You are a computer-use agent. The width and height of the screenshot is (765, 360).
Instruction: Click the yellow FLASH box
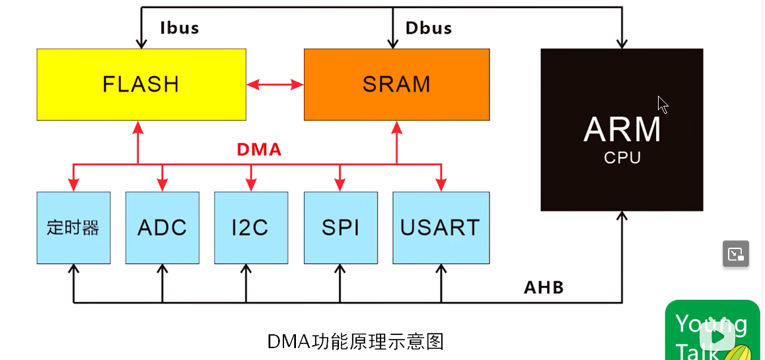pyautogui.click(x=141, y=84)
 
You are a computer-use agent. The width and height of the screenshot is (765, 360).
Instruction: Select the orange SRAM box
pyautogui.click(x=396, y=84)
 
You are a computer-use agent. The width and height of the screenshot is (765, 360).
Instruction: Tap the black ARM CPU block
pyautogui.click(x=622, y=129)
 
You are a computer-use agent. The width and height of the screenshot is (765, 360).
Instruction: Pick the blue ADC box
pyautogui.click(x=162, y=227)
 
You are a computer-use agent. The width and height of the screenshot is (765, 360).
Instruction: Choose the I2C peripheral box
pyautogui.click(x=250, y=227)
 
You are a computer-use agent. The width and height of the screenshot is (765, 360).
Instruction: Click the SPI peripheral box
pyautogui.click(x=340, y=227)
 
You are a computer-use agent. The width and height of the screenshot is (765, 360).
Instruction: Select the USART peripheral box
pyautogui.click(x=441, y=227)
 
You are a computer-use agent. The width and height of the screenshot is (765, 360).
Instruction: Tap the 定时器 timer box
pyautogui.click(x=73, y=227)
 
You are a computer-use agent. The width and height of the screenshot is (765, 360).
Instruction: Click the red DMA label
pyautogui.click(x=259, y=150)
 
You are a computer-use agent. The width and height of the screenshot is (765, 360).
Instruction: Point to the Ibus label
pyautogui.click(x=179, y=28)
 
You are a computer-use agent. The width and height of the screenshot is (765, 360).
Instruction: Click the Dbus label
pyautogui.click(x=429, y=28)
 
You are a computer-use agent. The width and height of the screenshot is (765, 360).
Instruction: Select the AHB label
pyautogui.click(x=544, y=287)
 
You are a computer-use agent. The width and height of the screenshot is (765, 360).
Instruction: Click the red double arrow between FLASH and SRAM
pyautogui.click(x=275, y=84)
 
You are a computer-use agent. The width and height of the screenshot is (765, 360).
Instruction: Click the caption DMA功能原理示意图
pyautogui.click(x=355, y=341)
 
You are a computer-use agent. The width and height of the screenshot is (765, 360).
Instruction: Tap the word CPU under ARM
pyautogui.click(x=622, y=158)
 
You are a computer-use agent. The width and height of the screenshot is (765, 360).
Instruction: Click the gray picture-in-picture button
pyautogui.click(x=735, y=254)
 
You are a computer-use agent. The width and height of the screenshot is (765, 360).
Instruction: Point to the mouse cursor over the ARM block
pyautogui.click(x=663, y=104)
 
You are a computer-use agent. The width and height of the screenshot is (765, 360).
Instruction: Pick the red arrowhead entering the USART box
pyautogui.click(x=441, y=186)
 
